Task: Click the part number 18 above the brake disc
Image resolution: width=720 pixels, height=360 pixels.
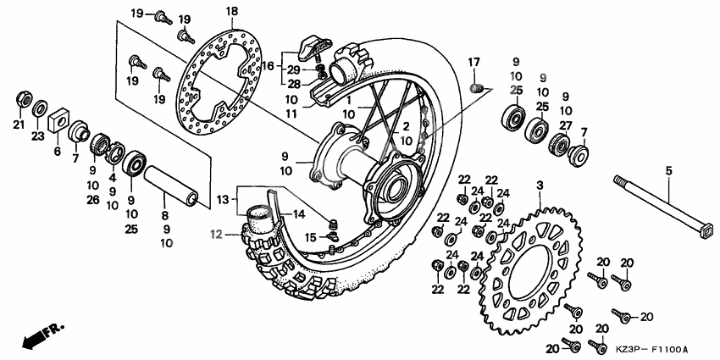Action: pos(208,10)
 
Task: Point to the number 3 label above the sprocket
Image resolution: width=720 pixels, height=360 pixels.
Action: pos(539,185)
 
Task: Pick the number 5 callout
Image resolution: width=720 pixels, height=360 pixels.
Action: pos(667,171)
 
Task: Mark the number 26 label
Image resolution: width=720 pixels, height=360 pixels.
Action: pos(91,200)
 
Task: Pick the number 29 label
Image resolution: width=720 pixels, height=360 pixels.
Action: pos(293,69)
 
